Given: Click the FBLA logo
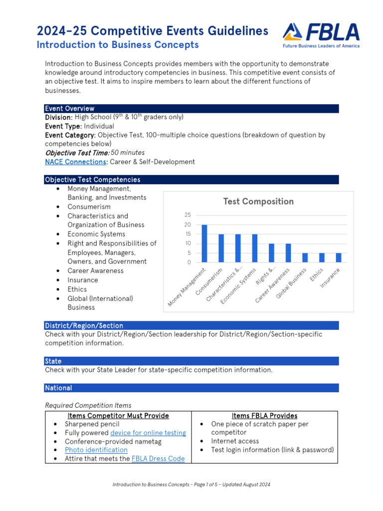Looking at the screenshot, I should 321,34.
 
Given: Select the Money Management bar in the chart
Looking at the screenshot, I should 204,244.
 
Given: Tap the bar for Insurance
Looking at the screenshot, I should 339,257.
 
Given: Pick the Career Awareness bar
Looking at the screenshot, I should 288,253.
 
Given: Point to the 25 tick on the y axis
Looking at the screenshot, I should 188,215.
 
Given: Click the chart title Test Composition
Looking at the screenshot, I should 258,202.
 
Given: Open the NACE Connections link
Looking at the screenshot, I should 75,162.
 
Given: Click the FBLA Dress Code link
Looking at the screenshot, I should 158,459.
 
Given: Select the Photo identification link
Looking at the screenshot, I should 96,450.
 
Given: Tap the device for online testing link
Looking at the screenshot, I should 148,433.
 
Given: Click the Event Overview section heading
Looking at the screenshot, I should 70,108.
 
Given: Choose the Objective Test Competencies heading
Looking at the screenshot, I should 93,180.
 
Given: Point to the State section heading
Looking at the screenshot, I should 53,361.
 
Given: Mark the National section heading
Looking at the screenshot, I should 58,388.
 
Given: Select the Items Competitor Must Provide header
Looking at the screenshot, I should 118,416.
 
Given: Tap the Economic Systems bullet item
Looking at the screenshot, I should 96,234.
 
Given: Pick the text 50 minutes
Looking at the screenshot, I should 128,153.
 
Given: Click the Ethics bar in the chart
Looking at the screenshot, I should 322,257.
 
